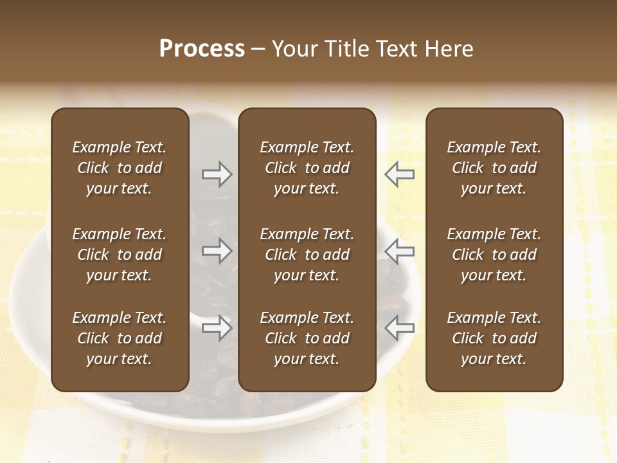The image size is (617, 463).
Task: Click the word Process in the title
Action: pos(202,49)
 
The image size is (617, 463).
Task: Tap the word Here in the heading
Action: pos(448,49)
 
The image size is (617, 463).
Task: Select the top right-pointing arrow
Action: pos(217,174)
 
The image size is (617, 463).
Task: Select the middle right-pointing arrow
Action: pos(217,251)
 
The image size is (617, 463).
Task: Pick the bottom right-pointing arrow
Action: pos(217,327)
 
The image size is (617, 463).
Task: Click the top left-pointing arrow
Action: pos(400,174)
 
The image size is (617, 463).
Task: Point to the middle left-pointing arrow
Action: pos(400,251)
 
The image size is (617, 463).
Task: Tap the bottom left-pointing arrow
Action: pos(400,327)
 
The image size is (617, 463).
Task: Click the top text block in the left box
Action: pos(120,168)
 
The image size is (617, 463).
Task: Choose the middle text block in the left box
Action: pos(120,255)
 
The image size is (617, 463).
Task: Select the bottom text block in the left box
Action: pos(120,338)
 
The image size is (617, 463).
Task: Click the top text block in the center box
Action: pos(307,168)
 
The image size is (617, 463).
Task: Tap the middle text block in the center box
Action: pos(307,255)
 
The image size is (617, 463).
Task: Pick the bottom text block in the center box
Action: pos(307,338)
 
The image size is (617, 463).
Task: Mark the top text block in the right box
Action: pos(494,168)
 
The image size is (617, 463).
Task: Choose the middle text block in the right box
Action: pos(494,255)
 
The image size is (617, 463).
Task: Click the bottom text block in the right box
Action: pos(494,338)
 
